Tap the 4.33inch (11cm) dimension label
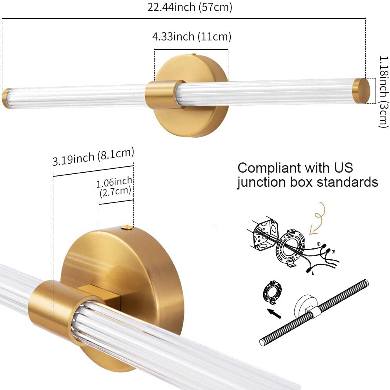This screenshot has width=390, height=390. [191, 37]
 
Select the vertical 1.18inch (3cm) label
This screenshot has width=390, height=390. [383, 91]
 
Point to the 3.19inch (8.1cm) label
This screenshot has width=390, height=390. [93, 157]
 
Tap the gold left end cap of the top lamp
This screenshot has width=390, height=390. [6, 98]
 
